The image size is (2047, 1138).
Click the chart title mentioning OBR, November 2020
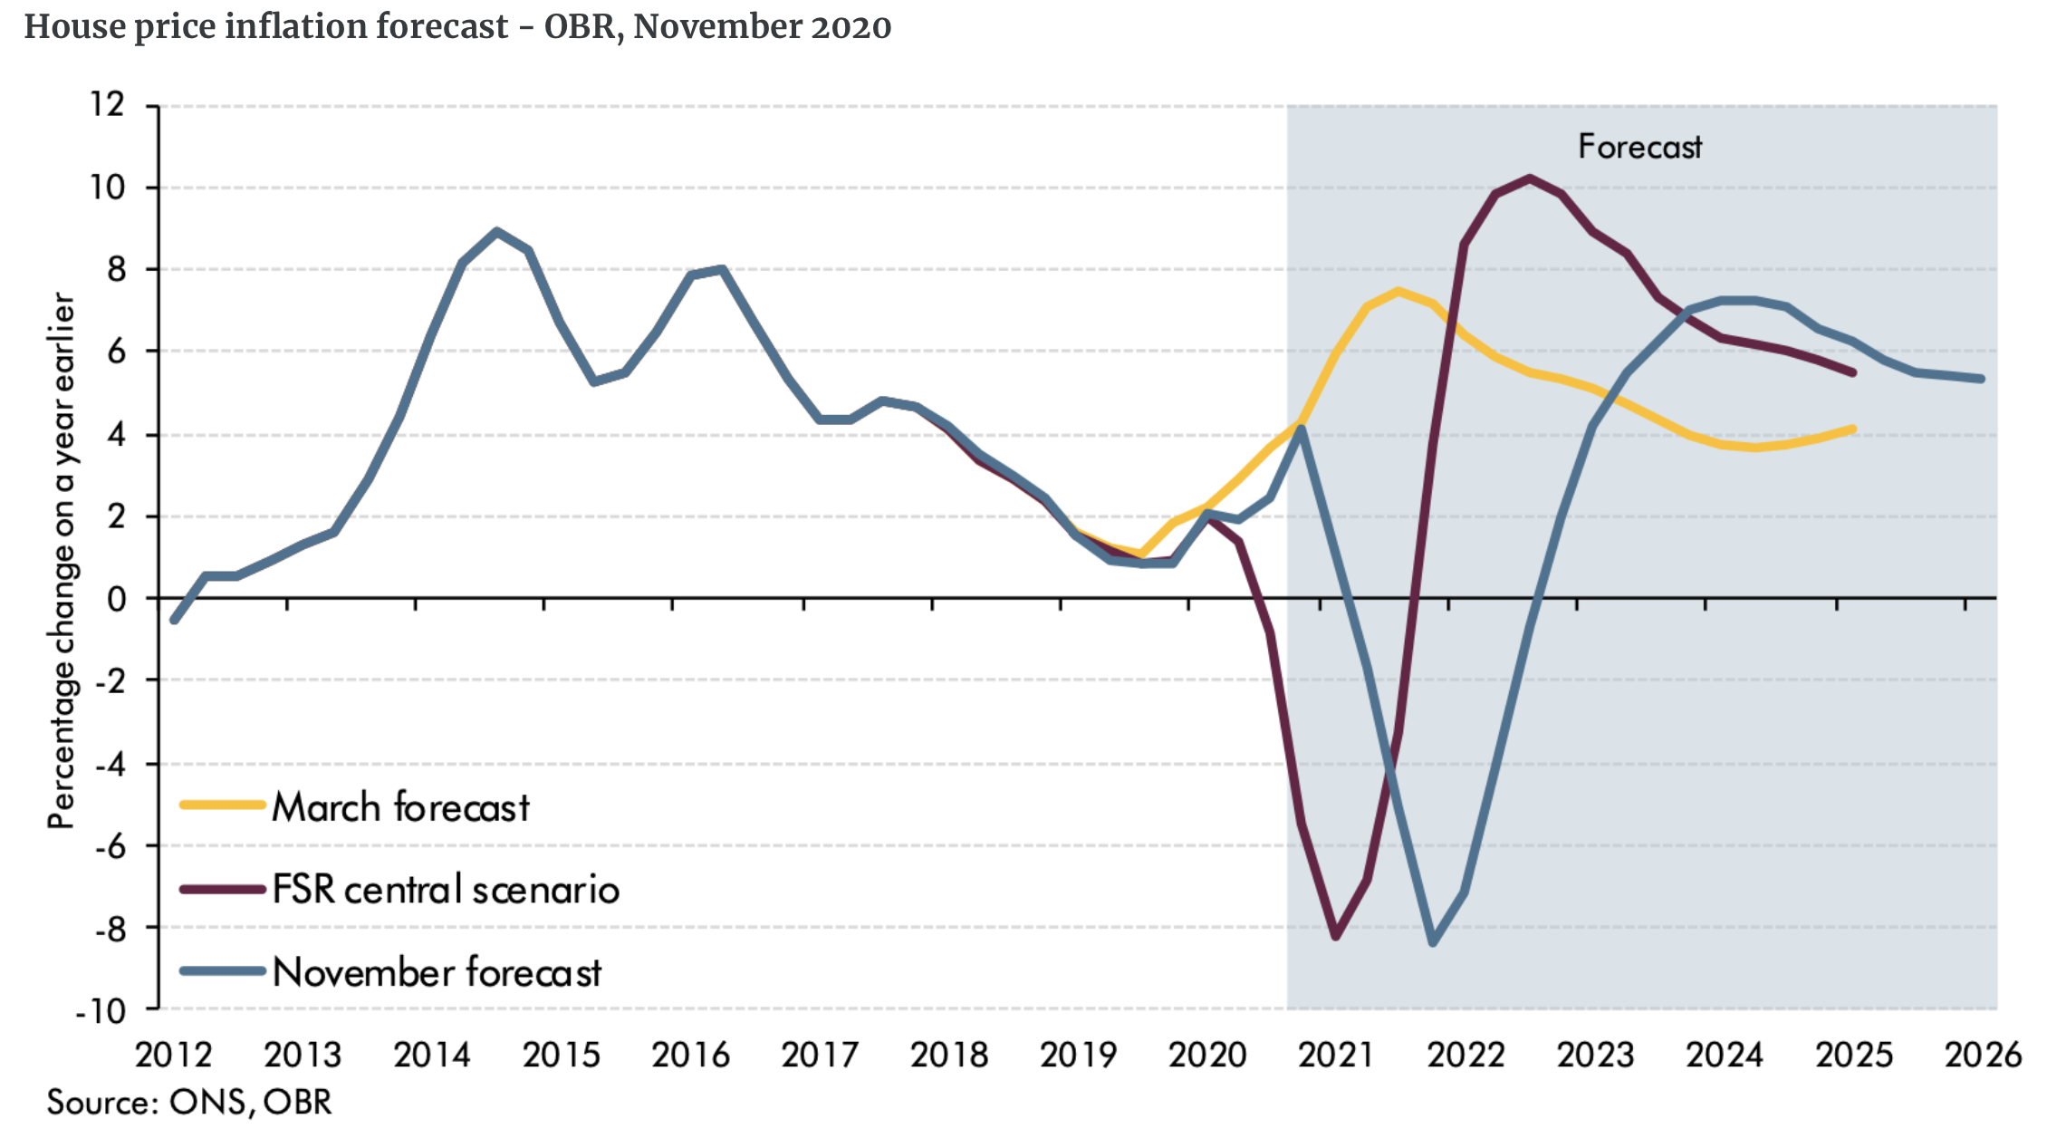[457, 27]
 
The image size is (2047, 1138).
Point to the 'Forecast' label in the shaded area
[1639, 147]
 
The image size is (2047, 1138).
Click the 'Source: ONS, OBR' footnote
[189, 1103]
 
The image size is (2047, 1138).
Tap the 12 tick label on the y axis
[107, 104]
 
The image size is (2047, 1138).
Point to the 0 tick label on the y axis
[116, 599]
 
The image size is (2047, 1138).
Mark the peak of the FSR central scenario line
[1530, 178]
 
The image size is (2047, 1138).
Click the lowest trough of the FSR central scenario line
[1336, 936]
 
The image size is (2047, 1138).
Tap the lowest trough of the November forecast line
[1432, 943]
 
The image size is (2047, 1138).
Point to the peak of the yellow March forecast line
[1398, 291]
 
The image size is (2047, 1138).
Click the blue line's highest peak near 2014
[496, 231]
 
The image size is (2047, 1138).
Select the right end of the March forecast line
[1853, 429]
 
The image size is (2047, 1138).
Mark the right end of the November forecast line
[1982, 379]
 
